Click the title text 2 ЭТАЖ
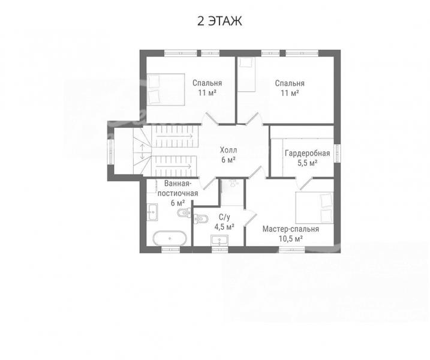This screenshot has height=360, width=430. pyautogui.click(x=219, y=21)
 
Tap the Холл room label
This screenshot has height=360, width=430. pyautogui.click(x=228, y=150)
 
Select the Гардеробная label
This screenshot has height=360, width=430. pyautogui.click(x=307, y=153)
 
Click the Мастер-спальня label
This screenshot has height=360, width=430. pyautogui.click(x=291, y=229)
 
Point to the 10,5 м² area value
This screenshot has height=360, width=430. pyautogui.click(x=291, y=239)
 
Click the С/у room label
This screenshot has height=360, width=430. pyautogui.click(x=224, y=217)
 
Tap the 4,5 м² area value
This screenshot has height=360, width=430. pyautogui.click(x=224, y=227)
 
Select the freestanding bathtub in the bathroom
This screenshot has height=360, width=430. pyautogui.click(x=170, y=238)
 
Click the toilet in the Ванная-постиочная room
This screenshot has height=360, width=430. pyautogui.click(x=184, y=212)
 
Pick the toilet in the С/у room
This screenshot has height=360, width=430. pyautogui.click(x=201, y=218)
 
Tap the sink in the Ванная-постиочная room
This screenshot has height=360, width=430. pyautogui.click(x=152, y=212)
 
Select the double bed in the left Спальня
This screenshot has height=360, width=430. pyautogui.click(x=166, y=89)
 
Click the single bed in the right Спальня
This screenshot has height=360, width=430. pyautogui.click(x=246, y=74)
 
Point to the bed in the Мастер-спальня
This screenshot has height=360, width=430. pyautogui.click(x=314, y=208)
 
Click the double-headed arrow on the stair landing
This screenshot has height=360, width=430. pyautogui.click(x=143, y=152)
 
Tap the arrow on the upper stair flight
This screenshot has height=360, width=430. pyautogui.click(x=175, y=136)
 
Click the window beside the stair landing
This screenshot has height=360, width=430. pyautogui.click(x=110, y=151)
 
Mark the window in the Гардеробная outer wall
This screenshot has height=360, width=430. pyautogui.click(x=337, y=153)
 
